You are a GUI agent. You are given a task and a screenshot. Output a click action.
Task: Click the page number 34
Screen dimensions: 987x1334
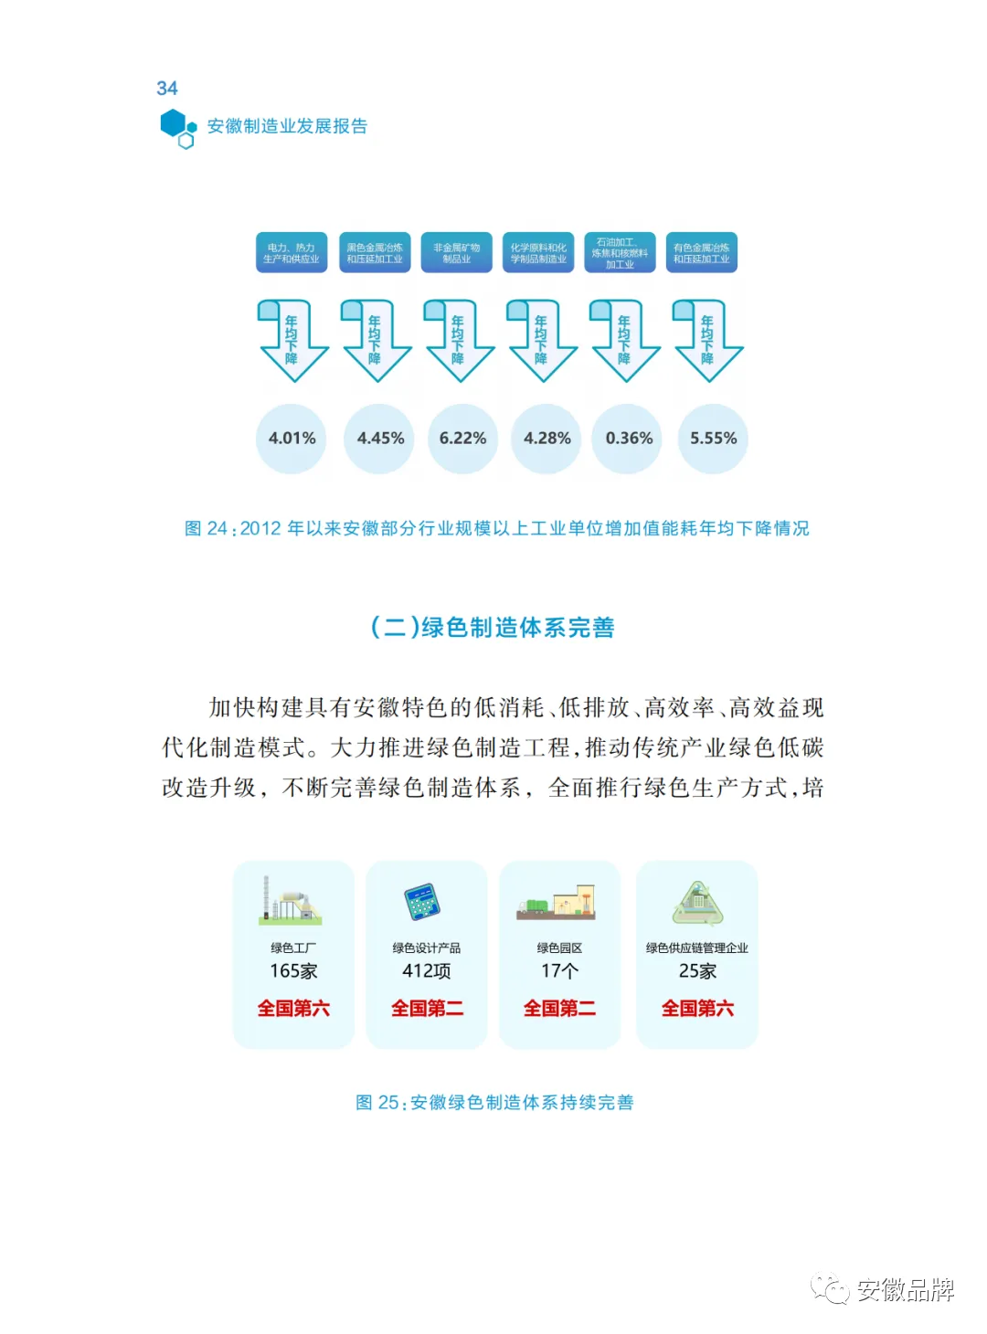click(167, 89)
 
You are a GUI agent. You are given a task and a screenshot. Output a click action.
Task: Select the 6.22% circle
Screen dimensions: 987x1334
click(462, 439)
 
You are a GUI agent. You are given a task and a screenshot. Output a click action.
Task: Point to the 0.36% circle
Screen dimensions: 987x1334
click(629, 439)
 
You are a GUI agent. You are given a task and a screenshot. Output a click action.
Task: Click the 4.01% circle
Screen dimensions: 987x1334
click(292, 439)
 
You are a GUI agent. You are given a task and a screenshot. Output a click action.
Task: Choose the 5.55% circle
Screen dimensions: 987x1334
click(713, 439)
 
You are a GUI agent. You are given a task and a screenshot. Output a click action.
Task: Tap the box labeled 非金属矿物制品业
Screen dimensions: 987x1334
click(456, 253)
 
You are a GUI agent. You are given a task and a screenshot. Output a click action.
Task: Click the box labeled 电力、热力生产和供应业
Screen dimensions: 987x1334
click(292, 253)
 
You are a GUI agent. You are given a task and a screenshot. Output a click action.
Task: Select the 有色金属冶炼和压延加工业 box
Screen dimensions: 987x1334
click(702, 253)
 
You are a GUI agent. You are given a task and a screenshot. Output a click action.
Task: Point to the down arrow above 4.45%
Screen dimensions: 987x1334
click(376, 340)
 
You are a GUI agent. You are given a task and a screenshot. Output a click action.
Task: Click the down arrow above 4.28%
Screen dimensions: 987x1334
click(542, 340)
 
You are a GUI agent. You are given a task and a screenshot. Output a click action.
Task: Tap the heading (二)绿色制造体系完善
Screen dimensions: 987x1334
click(493, 628)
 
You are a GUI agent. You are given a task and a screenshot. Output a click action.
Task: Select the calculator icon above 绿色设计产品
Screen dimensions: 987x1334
click(423, 902)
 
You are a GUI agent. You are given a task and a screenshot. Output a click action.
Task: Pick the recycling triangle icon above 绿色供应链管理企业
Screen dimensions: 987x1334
click(697, 902)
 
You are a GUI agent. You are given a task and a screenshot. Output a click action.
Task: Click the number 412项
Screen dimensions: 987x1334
click(427, 971)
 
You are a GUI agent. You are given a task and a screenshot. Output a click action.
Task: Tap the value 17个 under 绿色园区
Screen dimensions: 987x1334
click(559, 971)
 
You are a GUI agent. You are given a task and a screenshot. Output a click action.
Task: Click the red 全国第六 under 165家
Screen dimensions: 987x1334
click(293, 1009)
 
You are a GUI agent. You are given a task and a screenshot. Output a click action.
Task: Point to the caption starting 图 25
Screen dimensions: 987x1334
click(494, 1103)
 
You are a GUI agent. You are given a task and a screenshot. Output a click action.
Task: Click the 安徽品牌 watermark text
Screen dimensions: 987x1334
click(905, 1290)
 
